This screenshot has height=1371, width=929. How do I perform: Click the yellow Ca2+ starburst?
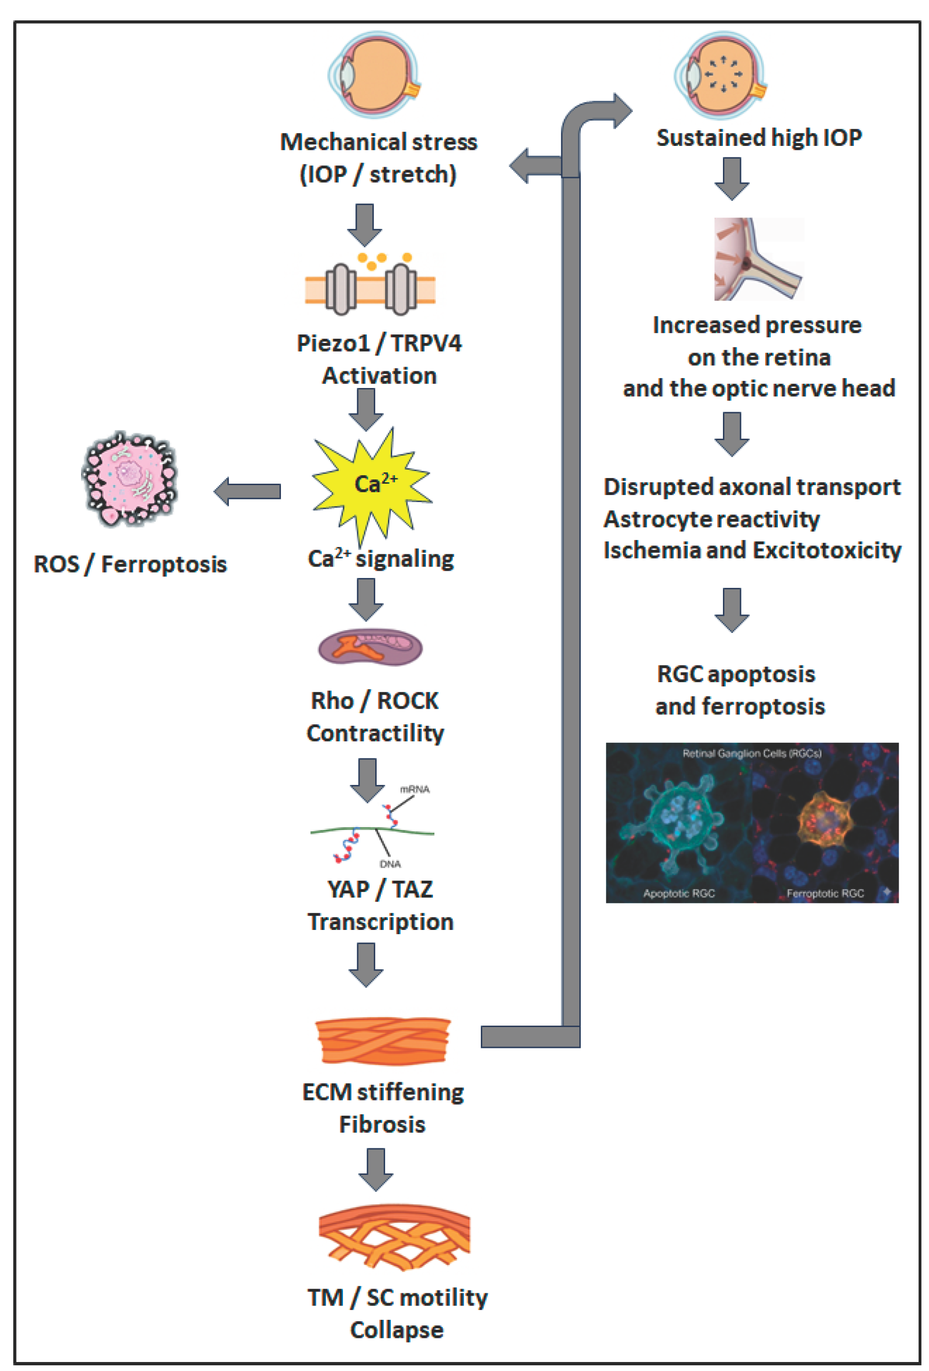371,484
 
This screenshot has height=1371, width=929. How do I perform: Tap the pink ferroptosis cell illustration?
130,478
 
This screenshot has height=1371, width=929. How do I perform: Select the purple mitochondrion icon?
370,647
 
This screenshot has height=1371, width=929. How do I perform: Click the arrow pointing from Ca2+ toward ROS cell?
247,491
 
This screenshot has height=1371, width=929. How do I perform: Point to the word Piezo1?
332,343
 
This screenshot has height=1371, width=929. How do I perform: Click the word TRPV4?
426,343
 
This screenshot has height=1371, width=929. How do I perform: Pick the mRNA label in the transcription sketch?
415,789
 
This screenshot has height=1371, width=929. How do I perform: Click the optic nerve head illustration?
758,259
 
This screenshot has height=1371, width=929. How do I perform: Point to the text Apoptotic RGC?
678,893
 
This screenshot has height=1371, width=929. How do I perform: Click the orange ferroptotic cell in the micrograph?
824,821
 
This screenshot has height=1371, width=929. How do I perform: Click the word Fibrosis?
382,1124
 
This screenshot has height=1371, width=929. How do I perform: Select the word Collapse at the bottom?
397,1330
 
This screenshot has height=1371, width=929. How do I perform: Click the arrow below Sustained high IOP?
731,178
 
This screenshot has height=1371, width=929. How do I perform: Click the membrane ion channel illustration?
370,288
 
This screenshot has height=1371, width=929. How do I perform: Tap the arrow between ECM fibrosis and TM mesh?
376,1169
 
